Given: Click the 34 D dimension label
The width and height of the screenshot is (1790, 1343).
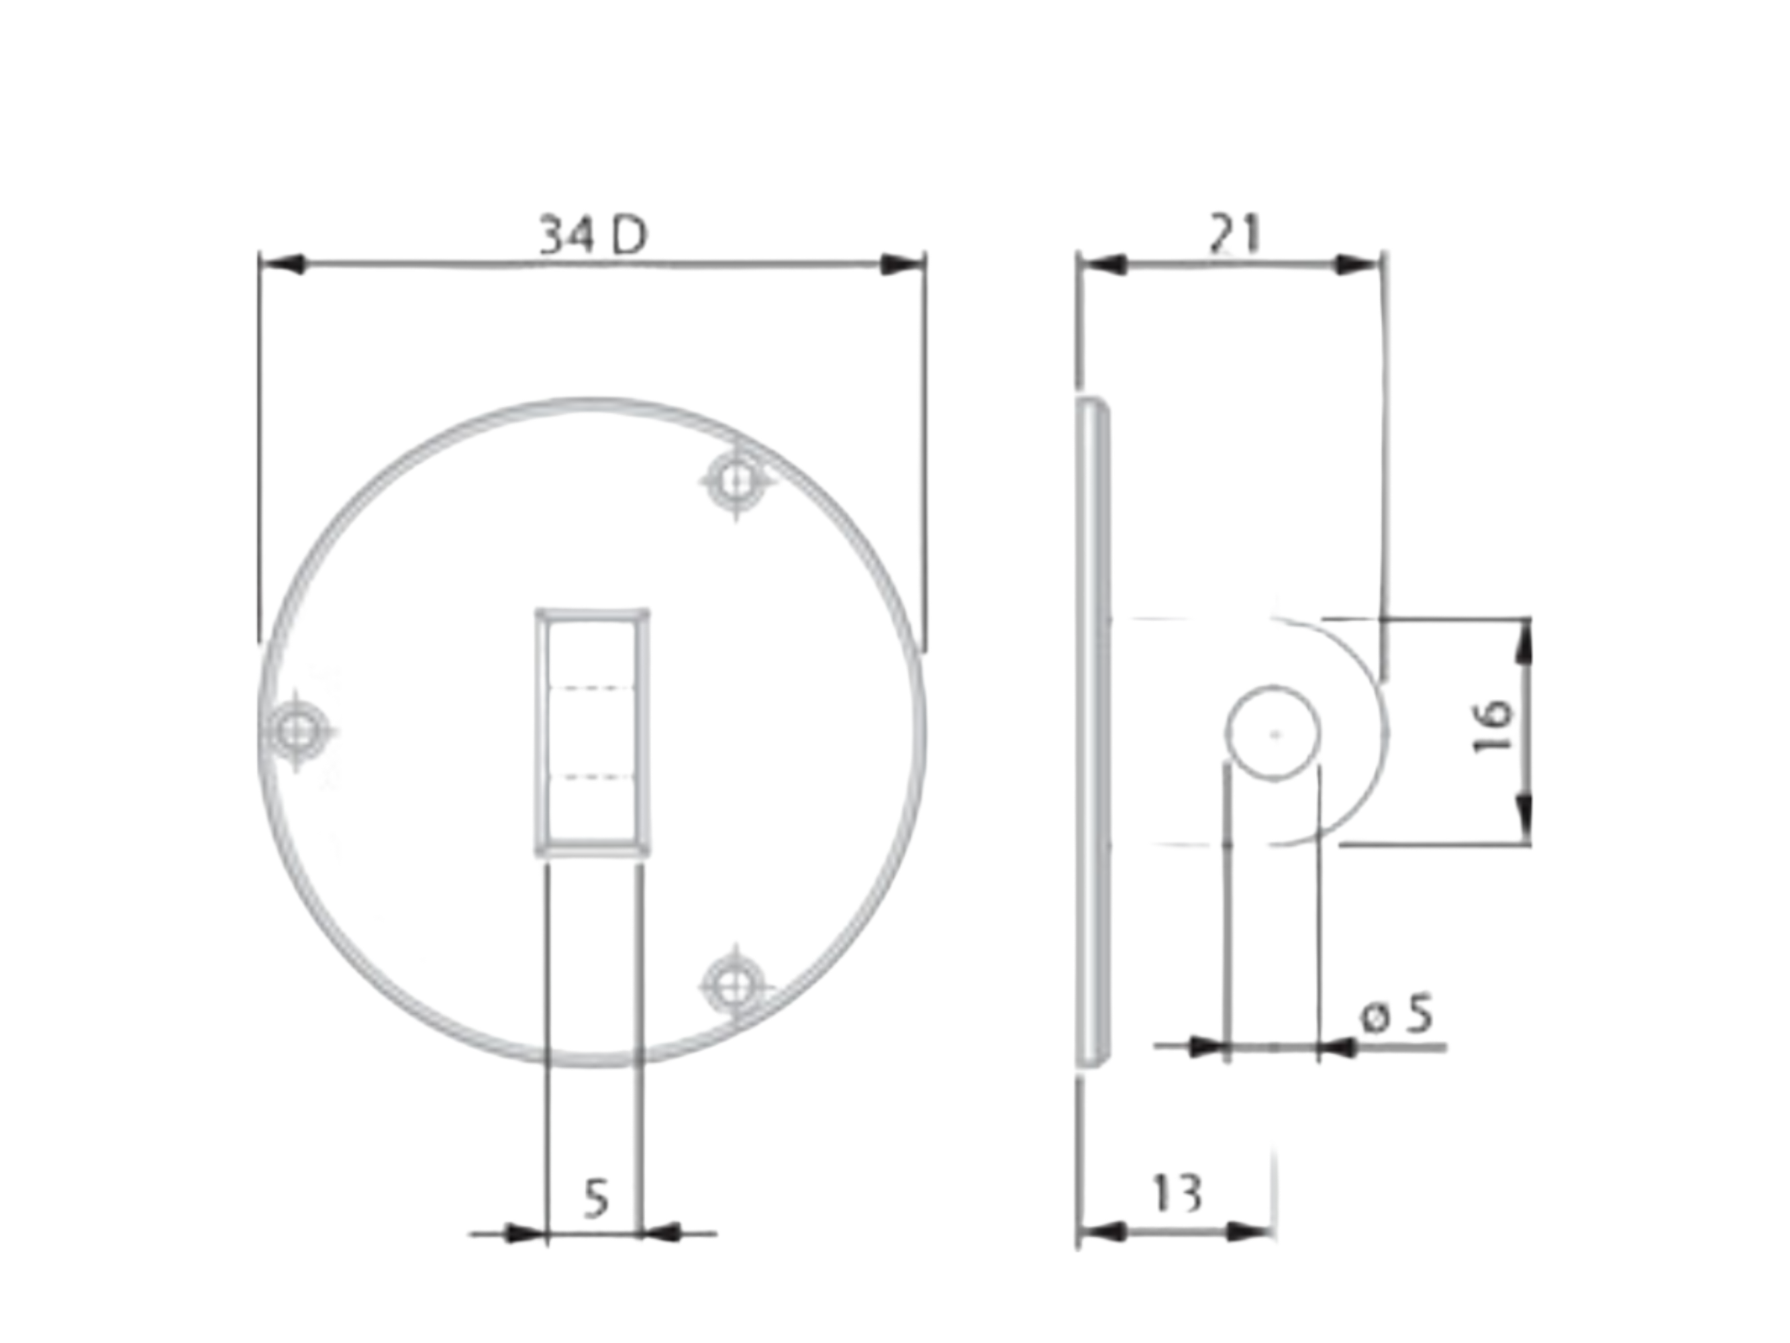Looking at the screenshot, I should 593,236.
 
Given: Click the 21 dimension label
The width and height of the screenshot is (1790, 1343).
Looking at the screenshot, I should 1235,234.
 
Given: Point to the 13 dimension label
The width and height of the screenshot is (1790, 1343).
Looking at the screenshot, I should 1177,1193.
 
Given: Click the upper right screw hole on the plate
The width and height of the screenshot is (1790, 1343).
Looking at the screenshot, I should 735,481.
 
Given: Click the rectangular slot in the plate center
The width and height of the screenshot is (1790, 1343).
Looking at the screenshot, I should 593,733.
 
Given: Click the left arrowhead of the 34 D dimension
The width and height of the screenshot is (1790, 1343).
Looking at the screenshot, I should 283,264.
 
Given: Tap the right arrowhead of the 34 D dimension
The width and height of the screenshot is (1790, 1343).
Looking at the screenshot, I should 902,264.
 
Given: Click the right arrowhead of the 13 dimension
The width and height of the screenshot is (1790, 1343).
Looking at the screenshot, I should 1250,1232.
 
